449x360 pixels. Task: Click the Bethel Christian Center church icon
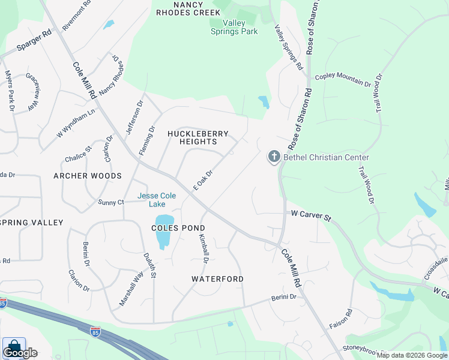pyautogui.click(x=274, y=157)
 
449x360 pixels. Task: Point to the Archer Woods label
pyautogui.click(x=87, y=176)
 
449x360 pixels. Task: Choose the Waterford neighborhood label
pyautogui.click(x=217, y=279)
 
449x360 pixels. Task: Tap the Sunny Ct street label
pyautogui.click(x=111, y=202)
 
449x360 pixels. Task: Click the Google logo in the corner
pyautogui.click(x=20, y=352)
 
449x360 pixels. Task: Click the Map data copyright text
pyautogui.click(x=411, y=355)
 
